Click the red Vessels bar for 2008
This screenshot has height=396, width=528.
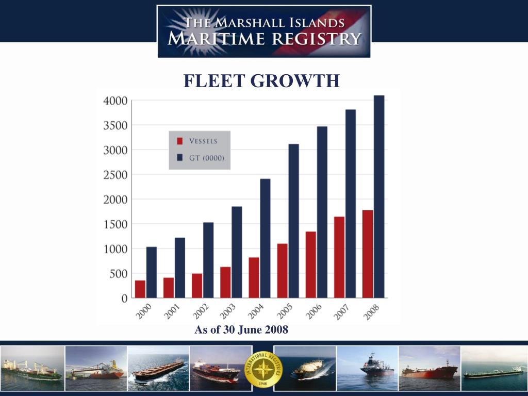(368, 254)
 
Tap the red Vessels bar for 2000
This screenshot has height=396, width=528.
(140, 289)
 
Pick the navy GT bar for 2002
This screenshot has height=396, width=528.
(208, 260)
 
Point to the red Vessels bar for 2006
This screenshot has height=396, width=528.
(310, 265)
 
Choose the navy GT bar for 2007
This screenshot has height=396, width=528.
(351, 204)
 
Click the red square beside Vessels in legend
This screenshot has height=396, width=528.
(180, 141)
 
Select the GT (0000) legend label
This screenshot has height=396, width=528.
(206, 158)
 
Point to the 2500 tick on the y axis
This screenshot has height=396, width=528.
(116, 175)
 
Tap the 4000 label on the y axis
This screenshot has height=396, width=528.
(116, 101)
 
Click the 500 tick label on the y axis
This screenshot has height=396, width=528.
(119, 274)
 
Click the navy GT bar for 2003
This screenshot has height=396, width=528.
(237, 252)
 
